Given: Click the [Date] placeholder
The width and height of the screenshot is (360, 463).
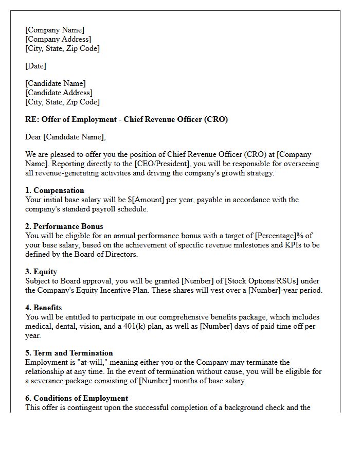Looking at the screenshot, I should click(x=35, y=66).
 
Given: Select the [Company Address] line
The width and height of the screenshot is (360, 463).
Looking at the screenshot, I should click(x=58, y=39).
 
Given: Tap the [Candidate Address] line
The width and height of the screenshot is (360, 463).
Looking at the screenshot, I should click(x=59, y=93).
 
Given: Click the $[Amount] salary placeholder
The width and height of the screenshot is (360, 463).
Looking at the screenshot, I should click(x=145, y=200).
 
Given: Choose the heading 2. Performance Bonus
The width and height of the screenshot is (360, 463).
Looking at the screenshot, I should click(x=64, y=226).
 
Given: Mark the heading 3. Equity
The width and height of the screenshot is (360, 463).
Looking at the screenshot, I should click(x=41, y=272).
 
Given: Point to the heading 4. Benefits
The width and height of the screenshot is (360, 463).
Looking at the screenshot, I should click(x=44, y=308).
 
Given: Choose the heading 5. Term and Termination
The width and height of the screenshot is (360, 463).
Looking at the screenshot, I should click(x=69, y=353).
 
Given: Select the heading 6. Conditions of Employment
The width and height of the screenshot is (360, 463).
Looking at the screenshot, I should click(x=77, y=398).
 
